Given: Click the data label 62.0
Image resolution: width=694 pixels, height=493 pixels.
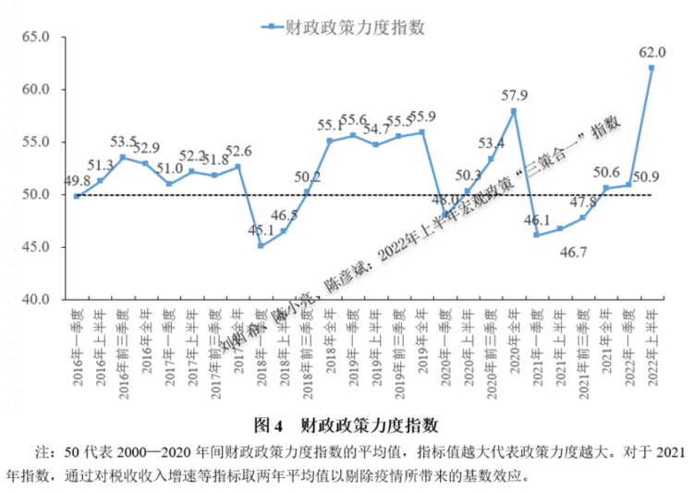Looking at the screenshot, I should coord(651,52).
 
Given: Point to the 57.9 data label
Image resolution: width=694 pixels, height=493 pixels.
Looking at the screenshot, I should coord(514,95).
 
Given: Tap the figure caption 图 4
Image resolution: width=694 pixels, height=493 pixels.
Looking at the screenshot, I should coord(267,426).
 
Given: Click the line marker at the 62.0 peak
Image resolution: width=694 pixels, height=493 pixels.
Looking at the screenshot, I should coord(651,68).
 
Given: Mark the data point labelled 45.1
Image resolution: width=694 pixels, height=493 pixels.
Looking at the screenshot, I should coord(261,245).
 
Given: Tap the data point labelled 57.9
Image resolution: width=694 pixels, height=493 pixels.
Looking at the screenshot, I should coord(514,111).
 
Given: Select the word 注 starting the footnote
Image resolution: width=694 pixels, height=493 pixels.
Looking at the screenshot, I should coord(42,453).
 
